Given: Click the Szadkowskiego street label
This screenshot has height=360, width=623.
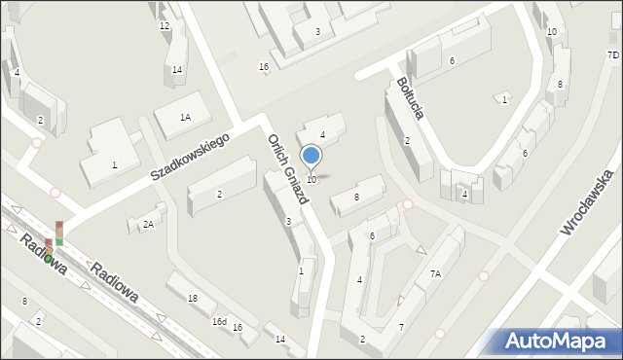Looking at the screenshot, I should [x=189, y=158].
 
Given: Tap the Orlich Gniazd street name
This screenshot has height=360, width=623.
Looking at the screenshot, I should [x=288, y=167].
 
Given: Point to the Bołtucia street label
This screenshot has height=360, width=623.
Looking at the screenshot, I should [x=409, y=97].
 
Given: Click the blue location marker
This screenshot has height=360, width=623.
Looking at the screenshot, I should [x=311, y=156].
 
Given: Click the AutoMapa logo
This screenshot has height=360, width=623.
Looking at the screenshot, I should [x=559, y=342].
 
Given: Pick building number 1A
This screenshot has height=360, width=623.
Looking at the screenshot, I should [x=185, y=117].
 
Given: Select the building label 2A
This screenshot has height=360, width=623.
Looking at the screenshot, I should [x=148, y=225].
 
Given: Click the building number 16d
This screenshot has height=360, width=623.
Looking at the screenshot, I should [x=219, y=322].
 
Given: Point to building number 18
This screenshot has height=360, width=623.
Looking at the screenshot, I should [x=193, y=299].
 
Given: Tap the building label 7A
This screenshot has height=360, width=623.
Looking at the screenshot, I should [x=435, y=274].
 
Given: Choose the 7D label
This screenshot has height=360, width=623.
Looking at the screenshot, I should [x=613, y=55].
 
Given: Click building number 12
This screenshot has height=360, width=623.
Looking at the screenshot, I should [x=164, y=26].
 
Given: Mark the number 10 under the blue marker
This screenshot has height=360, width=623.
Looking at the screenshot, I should [x=311, y=180].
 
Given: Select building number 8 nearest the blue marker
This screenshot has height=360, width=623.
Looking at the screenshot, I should [x=356, y=198].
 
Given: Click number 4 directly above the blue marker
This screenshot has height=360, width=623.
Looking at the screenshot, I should [x=322, y=134].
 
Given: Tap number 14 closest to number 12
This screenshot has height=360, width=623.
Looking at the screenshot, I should [x=177, y=69].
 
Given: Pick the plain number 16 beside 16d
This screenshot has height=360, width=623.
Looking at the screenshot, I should [x=238, y=327].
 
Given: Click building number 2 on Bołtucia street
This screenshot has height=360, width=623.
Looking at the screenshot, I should [x=407, y=141].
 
